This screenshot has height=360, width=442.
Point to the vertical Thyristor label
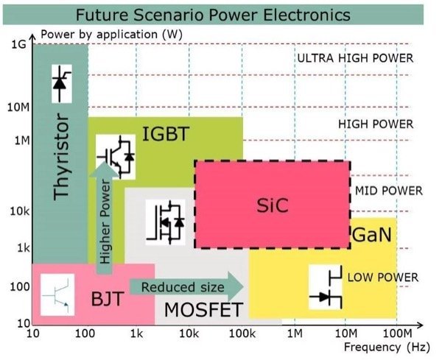62,156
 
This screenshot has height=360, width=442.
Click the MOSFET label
203,309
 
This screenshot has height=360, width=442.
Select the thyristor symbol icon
60,82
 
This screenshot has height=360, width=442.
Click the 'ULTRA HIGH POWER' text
354,58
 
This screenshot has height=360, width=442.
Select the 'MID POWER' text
388,191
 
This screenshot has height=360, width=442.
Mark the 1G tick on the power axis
19,46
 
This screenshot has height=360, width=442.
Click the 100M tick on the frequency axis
397,333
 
